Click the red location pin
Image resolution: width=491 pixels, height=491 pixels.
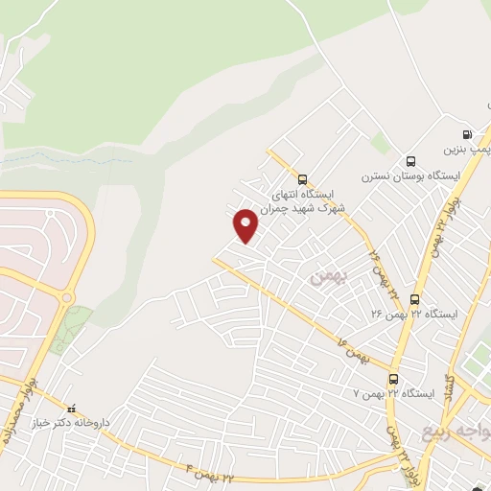pyautogui.click(x=246, y=225)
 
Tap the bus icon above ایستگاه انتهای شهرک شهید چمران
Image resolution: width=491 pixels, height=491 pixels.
pyautogui.click(x=303, y=178)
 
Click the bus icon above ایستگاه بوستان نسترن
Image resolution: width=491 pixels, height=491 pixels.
pyautogui.click(x=411, y=161)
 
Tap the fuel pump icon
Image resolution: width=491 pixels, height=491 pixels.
pyautogui.click(x=466, y=135)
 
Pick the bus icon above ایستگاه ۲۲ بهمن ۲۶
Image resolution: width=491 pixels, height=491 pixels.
pyautogui.click(x=414, y=299)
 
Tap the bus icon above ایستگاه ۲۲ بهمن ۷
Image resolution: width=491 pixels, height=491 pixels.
pyautogui.click(x=394, y=378)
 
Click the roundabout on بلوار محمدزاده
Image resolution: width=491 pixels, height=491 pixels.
pyautogui.click(x=68, y=298)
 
